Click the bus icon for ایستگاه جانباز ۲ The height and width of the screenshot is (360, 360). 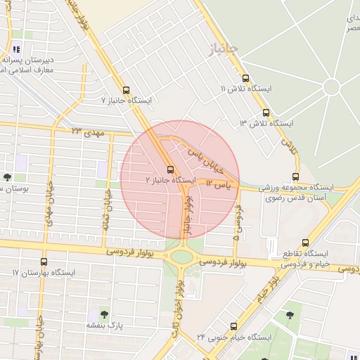click(169, 169)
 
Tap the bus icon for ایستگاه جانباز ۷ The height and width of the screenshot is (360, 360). click(126, 90)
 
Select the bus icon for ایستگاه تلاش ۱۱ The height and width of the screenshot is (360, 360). click(245, 79)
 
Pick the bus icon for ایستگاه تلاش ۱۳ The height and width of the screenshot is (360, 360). click(265, 112)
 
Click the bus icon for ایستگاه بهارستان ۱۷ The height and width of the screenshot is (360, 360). click(44, 262)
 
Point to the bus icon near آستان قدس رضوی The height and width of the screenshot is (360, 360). click(295, 177)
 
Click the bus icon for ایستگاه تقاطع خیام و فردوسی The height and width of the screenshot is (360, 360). click(304, 242)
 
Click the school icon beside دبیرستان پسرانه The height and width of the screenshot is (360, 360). click(15, 49)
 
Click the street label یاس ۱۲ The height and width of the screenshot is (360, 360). click(219, 184)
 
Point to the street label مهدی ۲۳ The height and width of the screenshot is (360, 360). click(87, 131)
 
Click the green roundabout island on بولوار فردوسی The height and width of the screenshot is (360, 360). click(182, 257)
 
